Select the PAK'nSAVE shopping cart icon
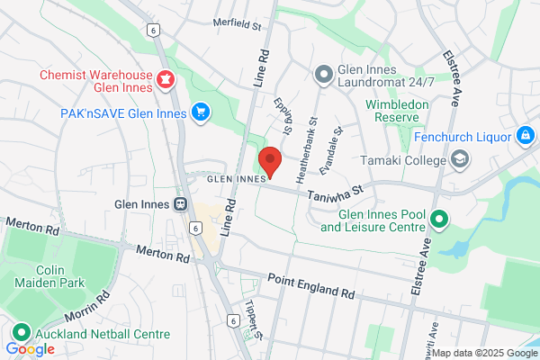[200, 112]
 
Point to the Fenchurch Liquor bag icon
[525, 136]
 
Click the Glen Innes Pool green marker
[439, 219]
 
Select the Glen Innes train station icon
[181, 203]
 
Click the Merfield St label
[237, 23]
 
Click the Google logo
[30, 349]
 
